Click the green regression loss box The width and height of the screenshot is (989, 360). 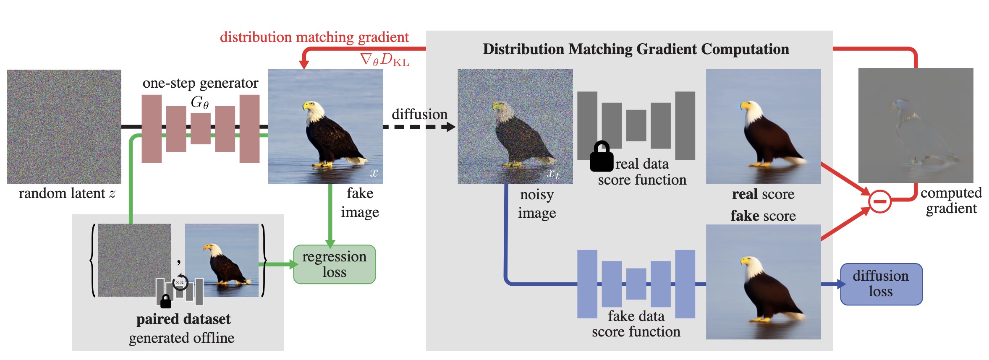pos(334,264)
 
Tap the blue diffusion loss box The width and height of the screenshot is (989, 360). pos(881,284)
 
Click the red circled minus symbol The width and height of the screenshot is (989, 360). pos(879,201)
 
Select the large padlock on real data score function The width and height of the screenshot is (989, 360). pos(602,156)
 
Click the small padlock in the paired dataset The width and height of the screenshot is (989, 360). pos(166,301)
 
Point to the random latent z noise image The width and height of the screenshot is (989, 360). pos(64,127)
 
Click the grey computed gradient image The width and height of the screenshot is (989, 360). pos(916,125)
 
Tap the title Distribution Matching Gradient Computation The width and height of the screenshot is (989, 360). pos(636,49)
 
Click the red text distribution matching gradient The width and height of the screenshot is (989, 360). pos(314,37)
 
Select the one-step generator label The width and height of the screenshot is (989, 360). pos(200,83)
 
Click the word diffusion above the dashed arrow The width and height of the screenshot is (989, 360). pos(419,114)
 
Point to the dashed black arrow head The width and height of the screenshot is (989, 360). pos(451,127)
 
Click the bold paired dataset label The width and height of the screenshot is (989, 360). pos(183,319)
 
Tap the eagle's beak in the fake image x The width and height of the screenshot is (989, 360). pos(305,105)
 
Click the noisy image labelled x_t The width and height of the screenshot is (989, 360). pos(515,127)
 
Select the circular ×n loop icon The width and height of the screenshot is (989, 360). pos(181,282)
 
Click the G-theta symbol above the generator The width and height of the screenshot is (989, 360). pos(200,102)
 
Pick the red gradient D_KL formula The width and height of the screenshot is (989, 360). pos(385,60)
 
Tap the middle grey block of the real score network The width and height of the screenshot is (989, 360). pos(636,125)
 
